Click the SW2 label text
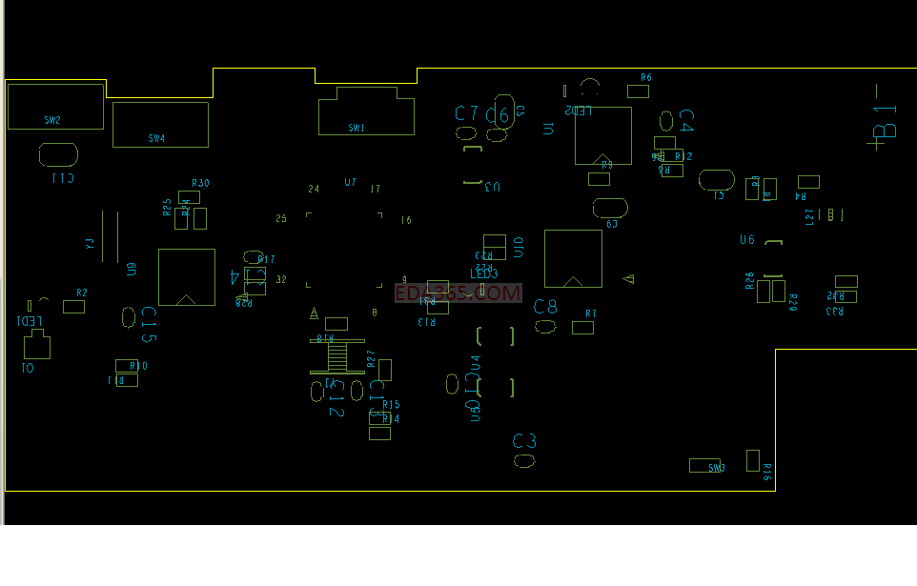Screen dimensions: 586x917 [51, 120]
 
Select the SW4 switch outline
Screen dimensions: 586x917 [160, 124]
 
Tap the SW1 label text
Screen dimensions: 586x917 [356, 128]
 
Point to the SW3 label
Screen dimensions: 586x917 [716, 468]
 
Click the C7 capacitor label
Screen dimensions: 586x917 [466, 113]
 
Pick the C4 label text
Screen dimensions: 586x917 [684, 121]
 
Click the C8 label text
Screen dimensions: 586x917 [545, 307]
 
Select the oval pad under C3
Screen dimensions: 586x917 [523, 461]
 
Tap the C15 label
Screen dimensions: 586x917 [149, 325]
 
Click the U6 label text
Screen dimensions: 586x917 [747, 240]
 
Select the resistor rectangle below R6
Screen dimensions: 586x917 [638, 91]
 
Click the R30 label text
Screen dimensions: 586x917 [200, 183]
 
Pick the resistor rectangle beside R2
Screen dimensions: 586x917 [73, 307]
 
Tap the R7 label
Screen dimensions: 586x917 [591, 313]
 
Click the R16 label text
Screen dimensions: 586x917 [767, 471]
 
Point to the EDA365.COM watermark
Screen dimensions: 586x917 [458, 294]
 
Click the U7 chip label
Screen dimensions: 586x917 [350, 182]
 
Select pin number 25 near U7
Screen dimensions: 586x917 [281, 219]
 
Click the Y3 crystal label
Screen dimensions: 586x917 [91, 243]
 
